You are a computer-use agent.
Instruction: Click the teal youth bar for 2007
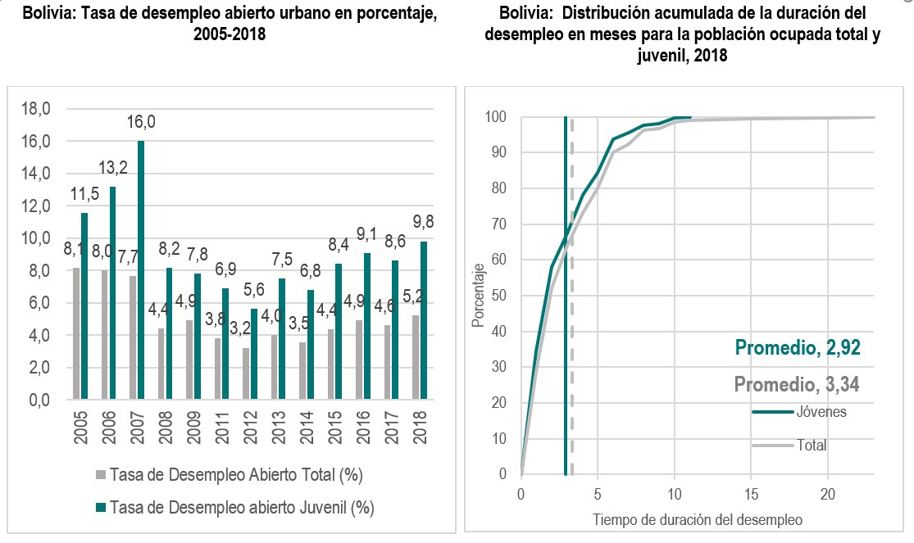141,270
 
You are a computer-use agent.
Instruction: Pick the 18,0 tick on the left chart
35,108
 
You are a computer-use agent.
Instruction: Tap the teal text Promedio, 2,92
798,347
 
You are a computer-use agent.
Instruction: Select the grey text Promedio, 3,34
797,384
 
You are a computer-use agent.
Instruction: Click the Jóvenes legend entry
820,412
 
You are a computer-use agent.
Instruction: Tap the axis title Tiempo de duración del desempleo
697,519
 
